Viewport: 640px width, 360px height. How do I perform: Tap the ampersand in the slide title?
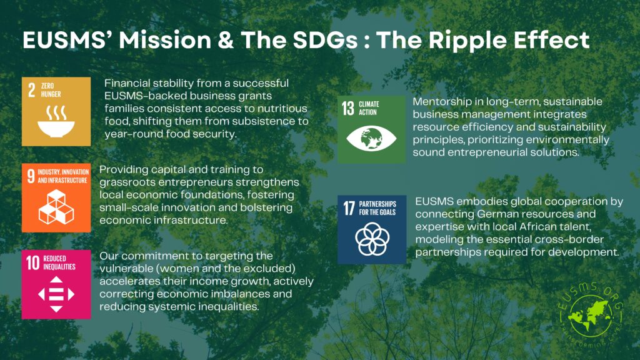pos(225,41)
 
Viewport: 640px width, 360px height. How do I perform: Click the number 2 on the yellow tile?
pos(31,90)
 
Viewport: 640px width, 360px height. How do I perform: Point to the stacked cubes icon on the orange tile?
pos(56,207)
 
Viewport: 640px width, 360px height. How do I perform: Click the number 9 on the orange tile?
pos(31,176)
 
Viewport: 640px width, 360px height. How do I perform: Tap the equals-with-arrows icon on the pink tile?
pos(56,294)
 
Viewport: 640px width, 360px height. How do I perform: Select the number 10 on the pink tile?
pos(32,263)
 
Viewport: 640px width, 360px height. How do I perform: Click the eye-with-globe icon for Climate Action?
pos(371,138)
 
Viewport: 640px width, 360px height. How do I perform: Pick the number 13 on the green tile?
pos(347,108)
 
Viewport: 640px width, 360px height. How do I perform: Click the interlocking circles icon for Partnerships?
pos(372,239)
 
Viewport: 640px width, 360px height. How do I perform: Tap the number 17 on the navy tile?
pos(349,208)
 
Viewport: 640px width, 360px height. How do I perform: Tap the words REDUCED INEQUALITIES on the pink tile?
pos(59,262)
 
